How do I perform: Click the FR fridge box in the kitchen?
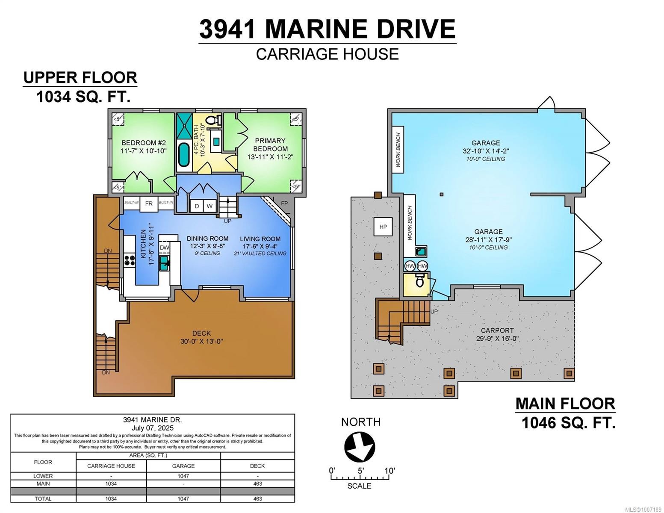coord(148,203)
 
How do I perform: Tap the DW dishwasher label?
coord(165,248)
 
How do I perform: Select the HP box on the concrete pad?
coord(383,227)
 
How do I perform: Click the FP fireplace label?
coord(285,203)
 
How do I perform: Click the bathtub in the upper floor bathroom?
coord(184,155)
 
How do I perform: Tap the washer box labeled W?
coord(210,206)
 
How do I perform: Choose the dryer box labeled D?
coord(197,206)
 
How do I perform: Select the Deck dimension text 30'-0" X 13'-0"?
coord(201,341)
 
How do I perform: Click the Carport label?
coord(497,330)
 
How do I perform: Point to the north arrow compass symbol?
coord(360,447)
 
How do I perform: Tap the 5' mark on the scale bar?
coord(360,471)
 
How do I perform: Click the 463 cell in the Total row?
coord(257,498)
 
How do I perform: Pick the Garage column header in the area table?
coord(183,466)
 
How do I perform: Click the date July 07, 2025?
coord(153,428)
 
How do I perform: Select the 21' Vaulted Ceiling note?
coord(260,253)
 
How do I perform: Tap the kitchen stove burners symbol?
coord(130,260)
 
